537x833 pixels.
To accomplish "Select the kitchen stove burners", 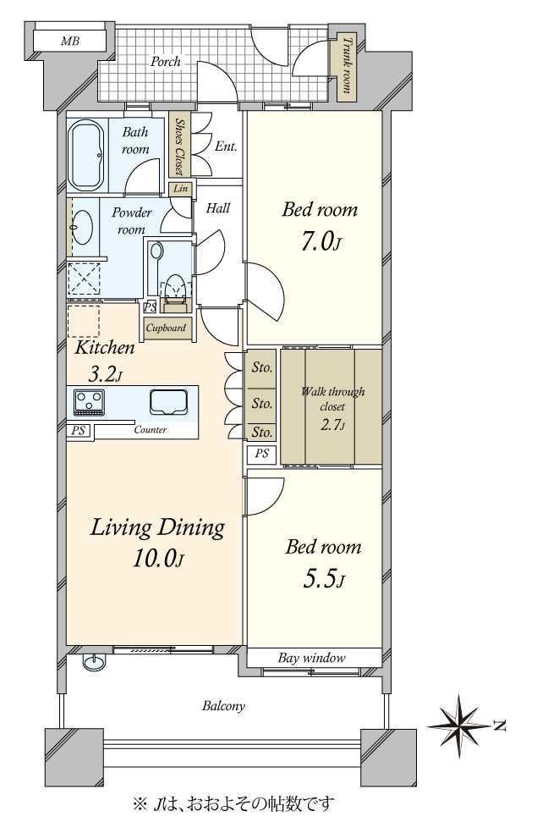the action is (x=89, y=402).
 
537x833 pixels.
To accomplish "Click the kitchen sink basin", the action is (x=169, y=401).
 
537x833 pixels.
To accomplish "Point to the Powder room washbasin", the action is (x=82, y=227).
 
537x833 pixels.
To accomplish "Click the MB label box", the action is (x=69, y=41).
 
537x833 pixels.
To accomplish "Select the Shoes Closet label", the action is (x=179, y=146).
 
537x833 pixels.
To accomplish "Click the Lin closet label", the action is (x=181, y=189).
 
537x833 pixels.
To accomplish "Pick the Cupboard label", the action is (x=166, y=328).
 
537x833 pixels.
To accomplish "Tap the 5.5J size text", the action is (x=324, y=579).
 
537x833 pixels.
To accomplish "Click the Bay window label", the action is (x=311, y=659).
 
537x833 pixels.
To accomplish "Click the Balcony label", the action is (x=223, y=707).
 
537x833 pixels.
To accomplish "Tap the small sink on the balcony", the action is (x=95, y=661).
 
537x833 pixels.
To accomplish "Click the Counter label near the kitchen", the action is (x=151, y=430).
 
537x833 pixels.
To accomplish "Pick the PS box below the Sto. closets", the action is (x=261, y=455).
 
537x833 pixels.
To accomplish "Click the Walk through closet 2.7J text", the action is (x=332, y=408).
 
